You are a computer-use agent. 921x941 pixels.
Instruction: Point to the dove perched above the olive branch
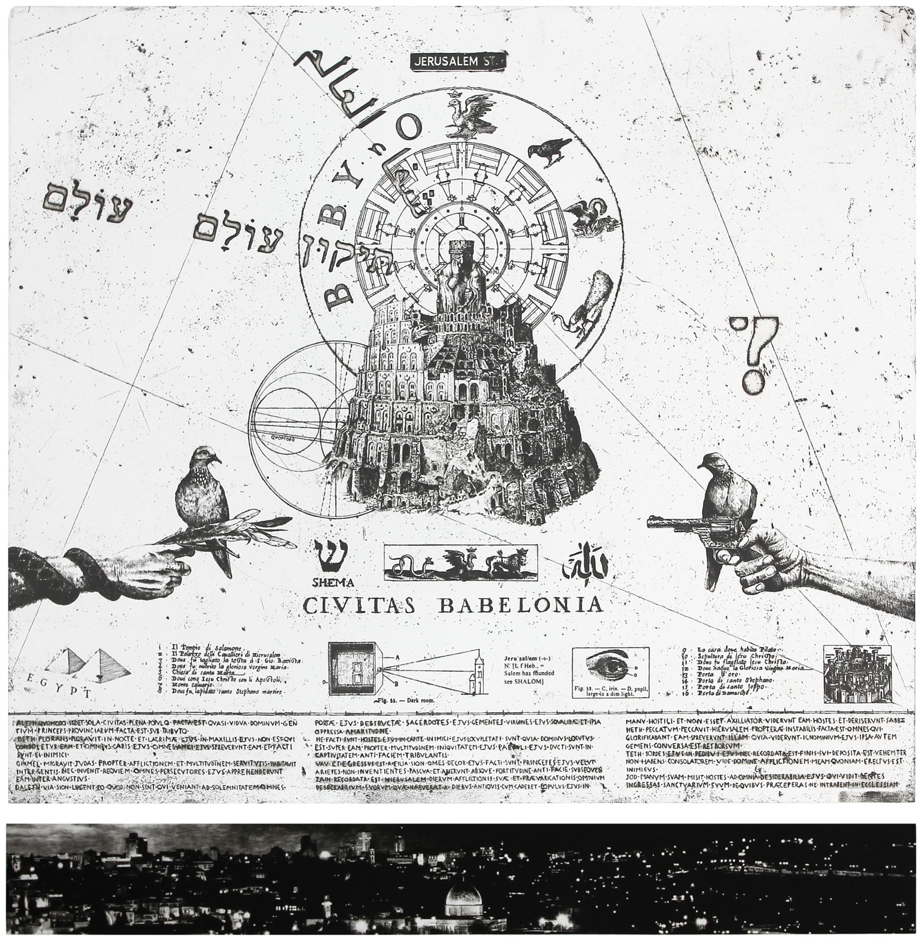point(203,491)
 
